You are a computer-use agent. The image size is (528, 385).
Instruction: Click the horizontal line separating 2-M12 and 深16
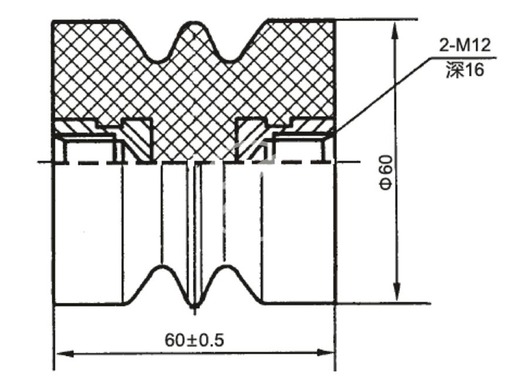coord(464,57)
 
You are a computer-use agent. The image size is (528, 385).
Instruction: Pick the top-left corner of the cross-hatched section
coord(53,22)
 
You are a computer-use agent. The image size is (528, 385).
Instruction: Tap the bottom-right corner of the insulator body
coord(334,303)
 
